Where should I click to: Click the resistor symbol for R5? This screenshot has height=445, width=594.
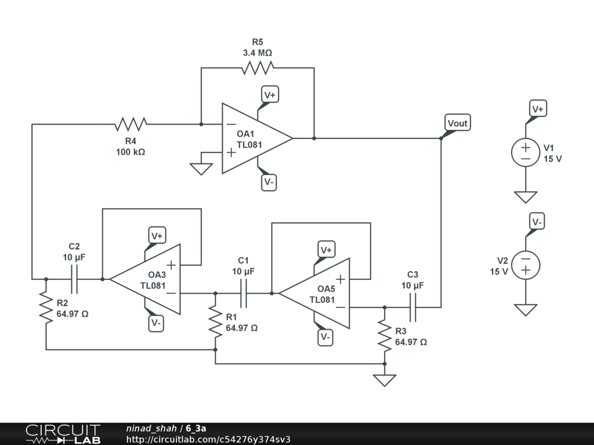(257, 68)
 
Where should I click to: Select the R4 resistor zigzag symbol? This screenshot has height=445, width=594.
(131, 124)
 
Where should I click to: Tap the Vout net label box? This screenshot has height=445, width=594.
(457, 123)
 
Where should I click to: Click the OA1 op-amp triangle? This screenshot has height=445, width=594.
(255, 138)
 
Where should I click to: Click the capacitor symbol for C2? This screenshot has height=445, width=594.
(74, 279)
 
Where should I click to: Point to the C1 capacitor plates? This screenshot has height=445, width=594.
(244, 293)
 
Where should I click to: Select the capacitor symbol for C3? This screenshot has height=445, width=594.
(412, 308)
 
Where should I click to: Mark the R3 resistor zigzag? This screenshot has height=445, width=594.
(384, 335)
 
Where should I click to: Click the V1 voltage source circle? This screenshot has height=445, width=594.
(526, 152)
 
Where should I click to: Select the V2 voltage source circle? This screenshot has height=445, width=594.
(526, 265)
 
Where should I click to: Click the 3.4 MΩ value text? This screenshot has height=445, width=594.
(257, 53)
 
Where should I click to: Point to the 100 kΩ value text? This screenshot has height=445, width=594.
(131, 152)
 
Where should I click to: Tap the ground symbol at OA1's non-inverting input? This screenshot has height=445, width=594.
(201, 168)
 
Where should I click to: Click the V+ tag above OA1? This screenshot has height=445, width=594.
(270, 94)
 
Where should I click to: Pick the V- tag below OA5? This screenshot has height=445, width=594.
(326, 337)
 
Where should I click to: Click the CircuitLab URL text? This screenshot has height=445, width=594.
(208, 439)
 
